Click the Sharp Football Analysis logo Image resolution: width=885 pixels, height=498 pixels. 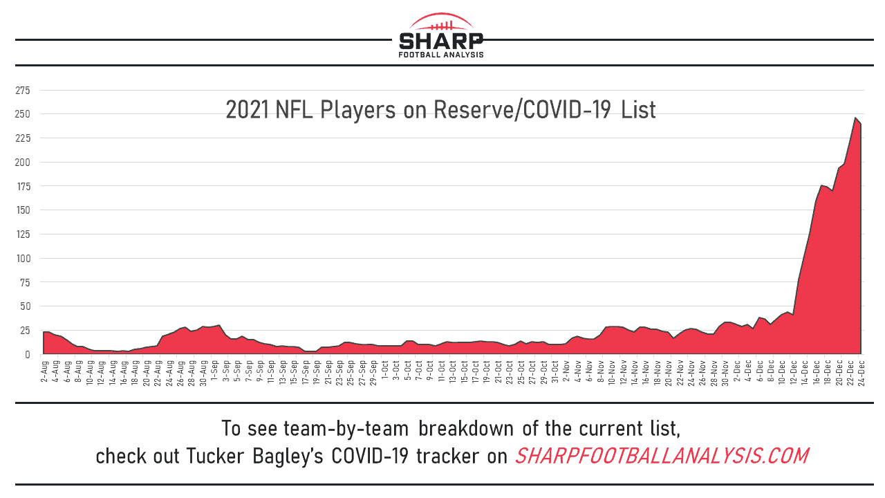(441, 36)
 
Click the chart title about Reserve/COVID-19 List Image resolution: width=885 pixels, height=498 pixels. (440, 109)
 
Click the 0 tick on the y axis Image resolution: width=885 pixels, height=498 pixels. (28, 355)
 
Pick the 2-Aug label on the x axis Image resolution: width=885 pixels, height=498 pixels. (45, 371)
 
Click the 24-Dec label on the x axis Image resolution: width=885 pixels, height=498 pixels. (861, 371)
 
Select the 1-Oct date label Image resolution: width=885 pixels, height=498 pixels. (384, 371)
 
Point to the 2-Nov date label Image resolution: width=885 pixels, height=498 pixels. (566, 371)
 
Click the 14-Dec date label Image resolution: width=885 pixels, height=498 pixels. (804, 371)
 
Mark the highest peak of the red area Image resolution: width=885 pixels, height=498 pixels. (855, 118)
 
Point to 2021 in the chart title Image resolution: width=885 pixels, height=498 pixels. (248, 109)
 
